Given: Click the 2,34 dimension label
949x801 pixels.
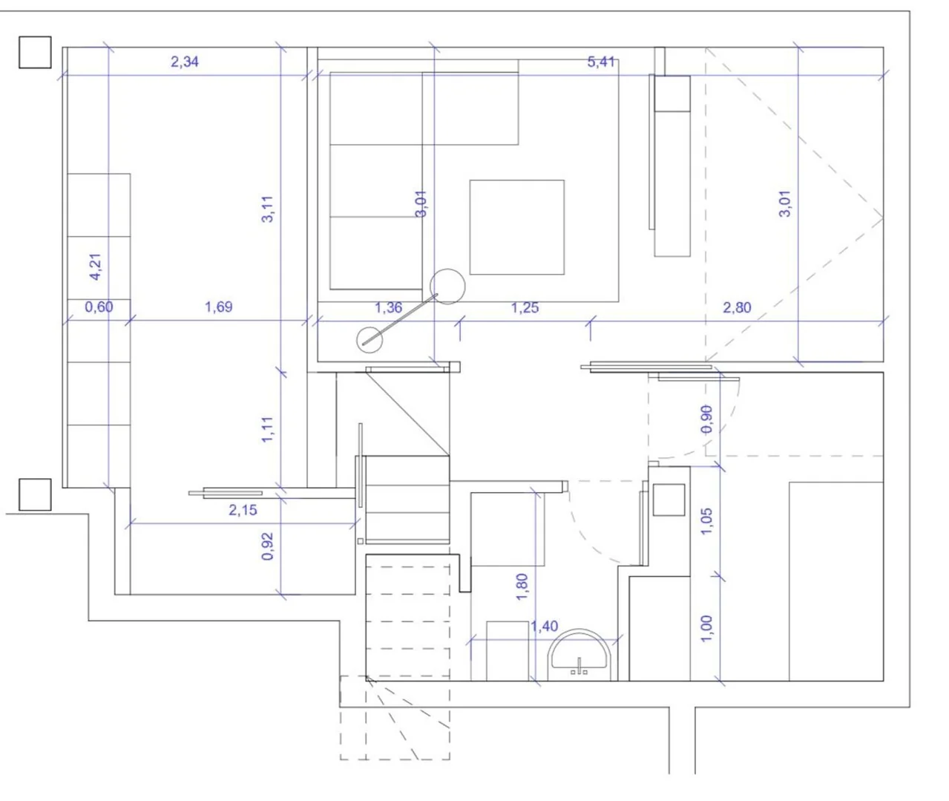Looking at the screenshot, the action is click(x=185, y=62).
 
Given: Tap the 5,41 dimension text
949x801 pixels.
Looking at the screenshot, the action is click(x=601, y=62).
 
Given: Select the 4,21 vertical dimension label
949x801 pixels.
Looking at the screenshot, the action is click(x=96, y=267).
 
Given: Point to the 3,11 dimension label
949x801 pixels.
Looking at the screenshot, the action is click(x=267, y=209).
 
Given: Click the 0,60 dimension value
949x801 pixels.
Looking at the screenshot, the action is click(x=99, y=307).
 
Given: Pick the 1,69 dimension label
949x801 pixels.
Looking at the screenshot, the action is click(x=219, y=307).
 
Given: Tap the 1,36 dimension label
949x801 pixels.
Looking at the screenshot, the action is click(x=388, y=308).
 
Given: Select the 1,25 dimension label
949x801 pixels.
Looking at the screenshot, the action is click(x=525, y=308).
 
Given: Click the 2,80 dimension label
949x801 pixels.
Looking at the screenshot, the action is click(x=737, y=308).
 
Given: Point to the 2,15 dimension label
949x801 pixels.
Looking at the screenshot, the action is click(x=243, y=510).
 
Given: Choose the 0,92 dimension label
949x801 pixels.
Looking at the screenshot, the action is click(x=268, y=546).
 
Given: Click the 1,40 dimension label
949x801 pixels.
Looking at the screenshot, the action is click(x=544, y=627).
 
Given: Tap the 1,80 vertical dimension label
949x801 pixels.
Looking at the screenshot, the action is click(x=522, y=586).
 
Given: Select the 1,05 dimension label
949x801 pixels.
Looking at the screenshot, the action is click(x=707, y=521).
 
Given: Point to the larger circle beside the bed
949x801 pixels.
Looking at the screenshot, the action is click(x=447, y=269).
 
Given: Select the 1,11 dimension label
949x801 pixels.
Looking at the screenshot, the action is click(x=267, y=429).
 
